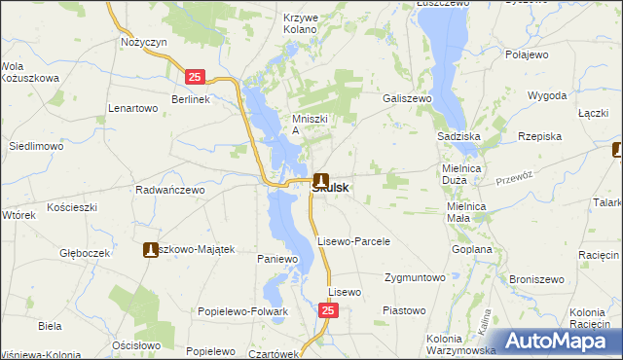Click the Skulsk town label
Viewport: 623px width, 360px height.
point(331,189)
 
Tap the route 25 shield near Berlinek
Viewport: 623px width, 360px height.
point(196,76)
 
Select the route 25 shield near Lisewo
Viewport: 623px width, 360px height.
point(329,310)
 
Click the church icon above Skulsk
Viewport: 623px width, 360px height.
point(322,178)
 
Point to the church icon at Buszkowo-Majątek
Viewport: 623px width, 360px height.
point(151,250)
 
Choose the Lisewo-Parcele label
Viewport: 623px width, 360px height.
point(353,241)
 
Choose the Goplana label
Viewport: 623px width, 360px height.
point(472,250)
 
